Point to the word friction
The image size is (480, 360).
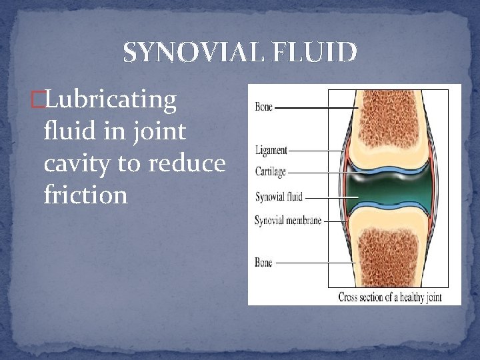pos(85,195)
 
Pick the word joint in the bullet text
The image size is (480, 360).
pos(160,131)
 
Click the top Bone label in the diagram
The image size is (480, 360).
pos(264,107)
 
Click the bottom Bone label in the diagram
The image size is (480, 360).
pos(264,263)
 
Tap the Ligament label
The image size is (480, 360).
pos(271,151)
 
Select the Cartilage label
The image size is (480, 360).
pos(271,172)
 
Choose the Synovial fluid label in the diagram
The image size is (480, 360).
pos(279,197)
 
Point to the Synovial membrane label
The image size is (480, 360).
pos(288,221)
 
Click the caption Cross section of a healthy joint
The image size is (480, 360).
pos(390,297)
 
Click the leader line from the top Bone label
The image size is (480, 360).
pos(317,107)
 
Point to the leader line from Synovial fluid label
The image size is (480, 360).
pos(330,197)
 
